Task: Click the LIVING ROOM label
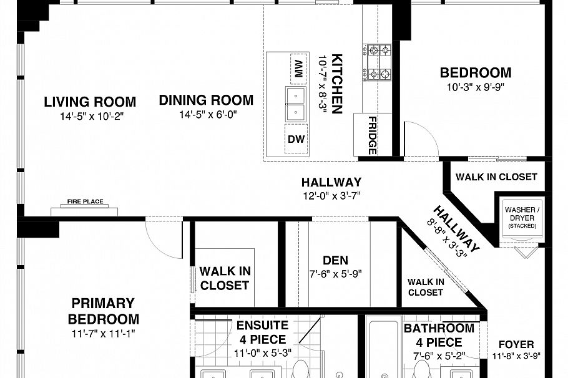click(x=90, y=102)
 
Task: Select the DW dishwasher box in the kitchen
click(x=296, y=140)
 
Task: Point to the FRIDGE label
click(x=372, y=135)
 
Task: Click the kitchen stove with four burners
click(x=377, y=62)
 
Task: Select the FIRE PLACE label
click(x=86, y=202)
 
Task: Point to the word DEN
click(x=335, y=261)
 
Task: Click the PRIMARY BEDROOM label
click(x=103, y=311)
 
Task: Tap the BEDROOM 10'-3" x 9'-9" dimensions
click(x=476, y=87)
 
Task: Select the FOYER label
click(x=516, y=344)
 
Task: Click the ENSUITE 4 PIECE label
click(x=263, y=332)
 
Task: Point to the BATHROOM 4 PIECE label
click(x=439, y=335)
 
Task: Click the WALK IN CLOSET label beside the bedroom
click(x=496, y=177)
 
